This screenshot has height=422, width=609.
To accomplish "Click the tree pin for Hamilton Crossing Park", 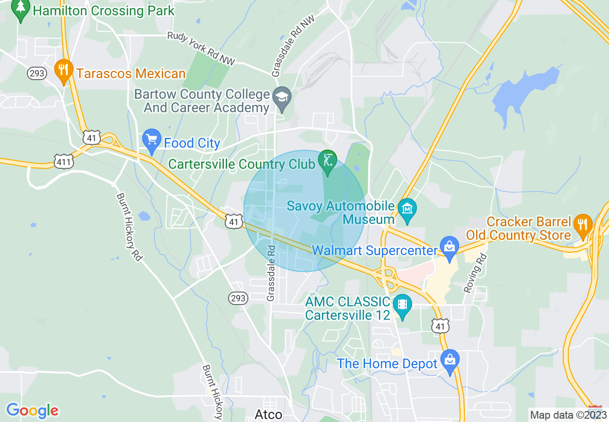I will [x=20, y=9].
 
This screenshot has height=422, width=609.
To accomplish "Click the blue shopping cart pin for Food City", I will [x=152, y=140].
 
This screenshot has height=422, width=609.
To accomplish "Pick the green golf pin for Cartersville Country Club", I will [x=328, y=162].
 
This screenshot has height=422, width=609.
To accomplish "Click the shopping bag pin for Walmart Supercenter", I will [x=450, y=247].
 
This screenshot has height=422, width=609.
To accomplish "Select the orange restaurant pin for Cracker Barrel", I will [x=583, y=224].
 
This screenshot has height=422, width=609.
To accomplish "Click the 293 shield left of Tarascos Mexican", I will [x=37, y=73].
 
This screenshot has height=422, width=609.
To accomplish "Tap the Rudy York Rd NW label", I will [x=202, y=48].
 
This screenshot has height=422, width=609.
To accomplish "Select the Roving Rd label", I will [x=475, y=273].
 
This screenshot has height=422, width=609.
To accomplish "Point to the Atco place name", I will [x=268, y=414].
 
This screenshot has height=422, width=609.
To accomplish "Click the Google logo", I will [x=32, y=410].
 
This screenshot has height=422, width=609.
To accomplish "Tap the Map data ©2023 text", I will [x=568, y=415].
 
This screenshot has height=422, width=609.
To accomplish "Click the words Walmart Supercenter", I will [x=375, y=250].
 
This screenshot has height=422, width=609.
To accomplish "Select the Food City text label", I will [x=192, y=143].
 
